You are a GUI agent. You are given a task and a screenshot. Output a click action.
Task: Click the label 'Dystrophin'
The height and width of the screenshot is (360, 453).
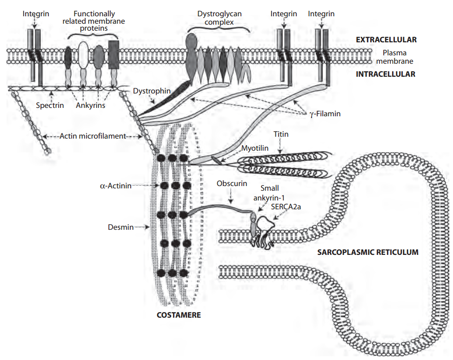pos(152,91)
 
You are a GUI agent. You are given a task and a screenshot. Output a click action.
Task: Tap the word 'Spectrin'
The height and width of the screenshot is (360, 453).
pos(50,106)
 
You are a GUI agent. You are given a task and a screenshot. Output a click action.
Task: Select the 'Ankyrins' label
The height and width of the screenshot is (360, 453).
pos(91,106)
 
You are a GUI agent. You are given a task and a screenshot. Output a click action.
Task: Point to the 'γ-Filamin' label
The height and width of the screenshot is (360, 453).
pos(326,113)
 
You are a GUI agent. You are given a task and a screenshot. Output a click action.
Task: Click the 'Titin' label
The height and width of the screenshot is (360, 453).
pos(281,134)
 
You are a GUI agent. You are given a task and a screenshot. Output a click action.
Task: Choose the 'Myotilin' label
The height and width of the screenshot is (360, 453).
pos(255,148)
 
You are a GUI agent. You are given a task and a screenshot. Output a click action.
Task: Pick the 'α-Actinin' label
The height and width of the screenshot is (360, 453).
pos(116,186)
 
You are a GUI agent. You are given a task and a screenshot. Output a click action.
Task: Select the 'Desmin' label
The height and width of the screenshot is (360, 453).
pos(120,227)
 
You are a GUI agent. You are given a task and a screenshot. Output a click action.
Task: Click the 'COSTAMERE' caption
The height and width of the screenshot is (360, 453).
pos(179,315)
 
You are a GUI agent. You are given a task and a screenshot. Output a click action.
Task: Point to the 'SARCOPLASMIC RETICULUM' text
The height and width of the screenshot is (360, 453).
pos(368,253)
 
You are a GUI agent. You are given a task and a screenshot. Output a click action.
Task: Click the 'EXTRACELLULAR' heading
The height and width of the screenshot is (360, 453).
pos(386,40)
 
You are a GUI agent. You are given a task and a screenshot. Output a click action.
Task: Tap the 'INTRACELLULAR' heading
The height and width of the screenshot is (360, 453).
pos(386,74)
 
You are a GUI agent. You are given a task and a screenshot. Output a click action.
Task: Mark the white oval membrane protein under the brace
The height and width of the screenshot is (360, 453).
pos(84,54)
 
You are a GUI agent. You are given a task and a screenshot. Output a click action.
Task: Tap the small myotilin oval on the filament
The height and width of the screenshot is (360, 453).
pos(216,160)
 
